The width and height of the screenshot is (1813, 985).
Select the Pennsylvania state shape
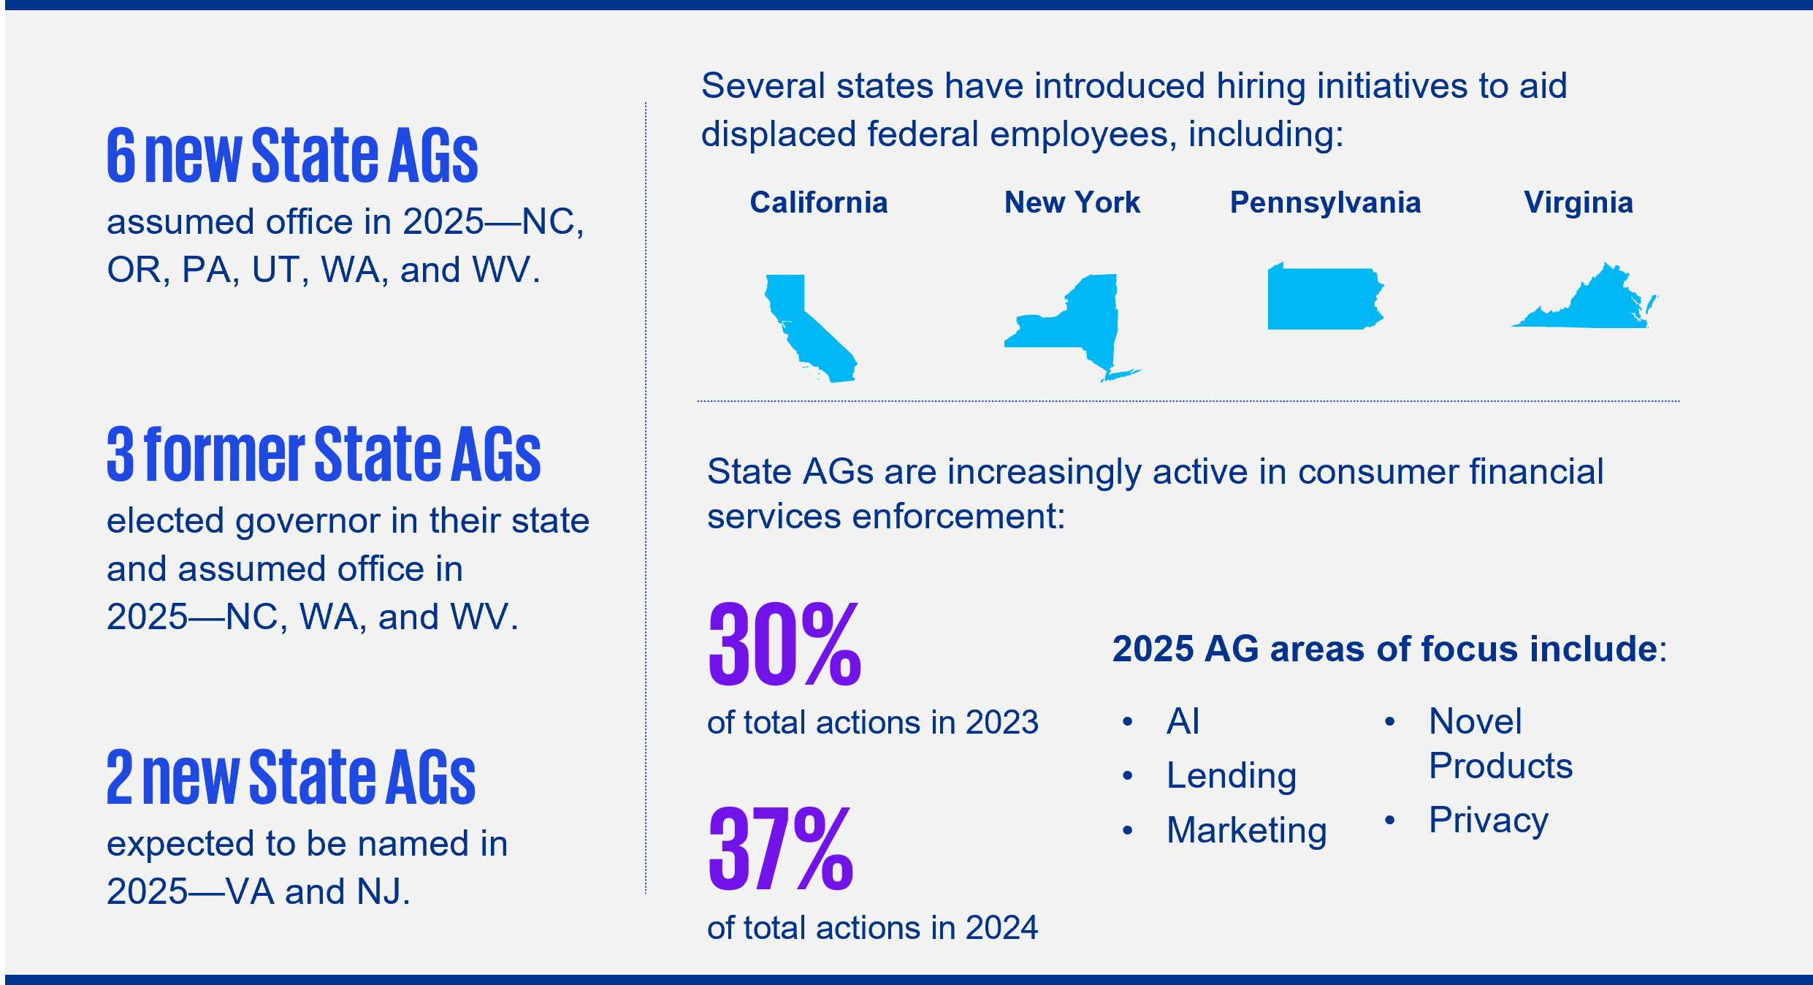1324,298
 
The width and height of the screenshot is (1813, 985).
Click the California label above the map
819,202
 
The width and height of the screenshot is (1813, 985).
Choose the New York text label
1072,202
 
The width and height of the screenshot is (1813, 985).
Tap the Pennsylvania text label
1326,202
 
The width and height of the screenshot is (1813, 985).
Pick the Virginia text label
1579,202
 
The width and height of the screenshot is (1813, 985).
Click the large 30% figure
785,644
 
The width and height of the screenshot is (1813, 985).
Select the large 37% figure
781,848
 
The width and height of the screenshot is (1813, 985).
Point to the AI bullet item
1183,721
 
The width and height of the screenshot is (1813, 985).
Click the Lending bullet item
1232,776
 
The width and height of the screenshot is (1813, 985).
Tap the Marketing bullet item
1247,831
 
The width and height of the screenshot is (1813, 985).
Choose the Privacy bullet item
1489,820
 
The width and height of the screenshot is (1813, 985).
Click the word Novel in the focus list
1476,721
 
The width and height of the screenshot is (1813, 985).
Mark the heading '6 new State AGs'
292,155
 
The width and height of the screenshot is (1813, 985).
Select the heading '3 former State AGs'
324,454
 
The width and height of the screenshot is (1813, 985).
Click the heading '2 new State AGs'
291,777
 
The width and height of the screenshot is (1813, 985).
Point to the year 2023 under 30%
1002,723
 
